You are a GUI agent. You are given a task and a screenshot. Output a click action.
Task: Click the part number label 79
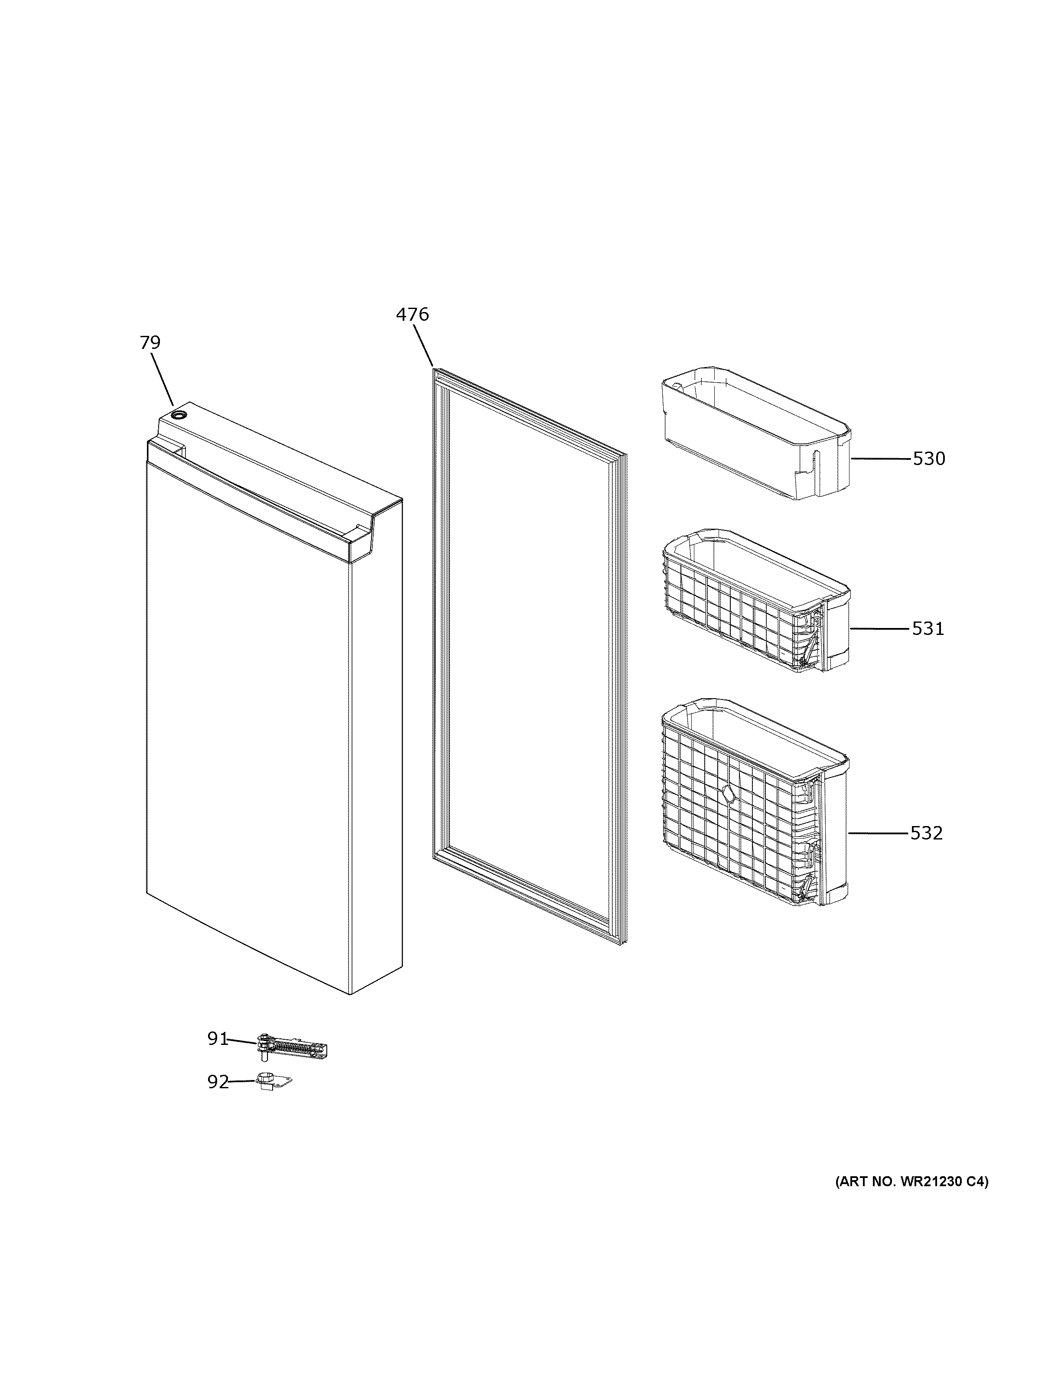coord(150,343)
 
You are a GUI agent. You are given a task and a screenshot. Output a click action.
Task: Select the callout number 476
coord(412,314)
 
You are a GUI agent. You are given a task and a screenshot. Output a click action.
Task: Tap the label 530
coord(929,459)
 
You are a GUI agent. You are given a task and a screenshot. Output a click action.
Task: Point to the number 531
coord(928,629)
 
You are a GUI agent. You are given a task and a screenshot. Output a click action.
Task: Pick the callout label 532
coord(927,833)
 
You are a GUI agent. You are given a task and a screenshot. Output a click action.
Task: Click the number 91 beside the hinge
coord(218,1039)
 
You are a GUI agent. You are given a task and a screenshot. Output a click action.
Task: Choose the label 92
coord(218,1083)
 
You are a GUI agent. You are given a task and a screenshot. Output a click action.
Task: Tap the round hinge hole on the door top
coord(179,415)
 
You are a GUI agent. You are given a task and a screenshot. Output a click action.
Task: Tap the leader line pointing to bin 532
coord(878,833)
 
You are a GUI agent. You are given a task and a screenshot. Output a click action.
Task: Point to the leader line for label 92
coord(242,1081)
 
